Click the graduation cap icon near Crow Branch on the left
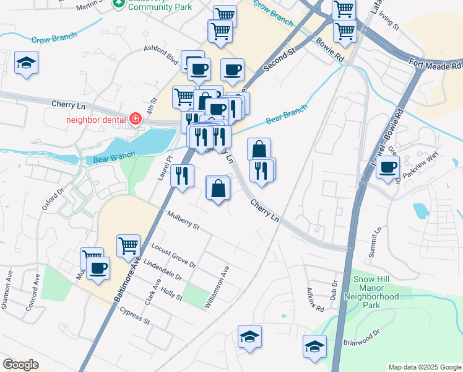click(27, 63)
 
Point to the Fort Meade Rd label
click(436, 64)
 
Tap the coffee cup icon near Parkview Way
click(388, 166)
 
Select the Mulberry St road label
click(183, 220)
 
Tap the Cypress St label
click(135, 316)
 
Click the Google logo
click(20, 365)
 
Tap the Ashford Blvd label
click(160, 50)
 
